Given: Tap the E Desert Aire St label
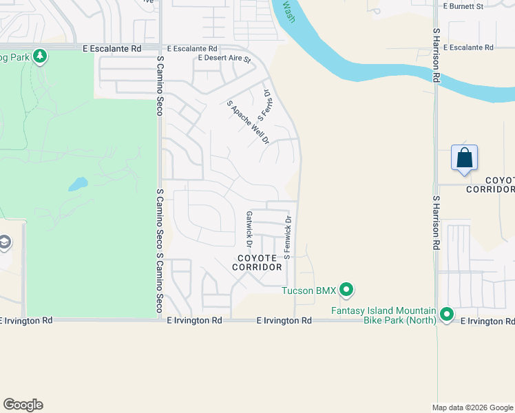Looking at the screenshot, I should (224, 59).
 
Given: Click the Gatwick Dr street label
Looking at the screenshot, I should (249, 229).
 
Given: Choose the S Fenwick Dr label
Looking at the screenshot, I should (288, 237).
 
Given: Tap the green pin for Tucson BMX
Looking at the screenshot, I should (347, 290).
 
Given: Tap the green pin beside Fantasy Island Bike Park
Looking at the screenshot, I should (447, 315).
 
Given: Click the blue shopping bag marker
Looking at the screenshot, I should (465, 158).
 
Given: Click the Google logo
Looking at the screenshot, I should (23, 405).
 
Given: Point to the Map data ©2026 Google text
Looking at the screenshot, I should (472, 407).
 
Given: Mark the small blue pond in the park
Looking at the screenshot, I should (77, 184).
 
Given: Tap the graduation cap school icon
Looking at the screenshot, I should (5, 243).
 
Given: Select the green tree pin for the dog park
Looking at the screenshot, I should (40, 56).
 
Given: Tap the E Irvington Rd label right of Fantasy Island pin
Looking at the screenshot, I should (487, 321).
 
